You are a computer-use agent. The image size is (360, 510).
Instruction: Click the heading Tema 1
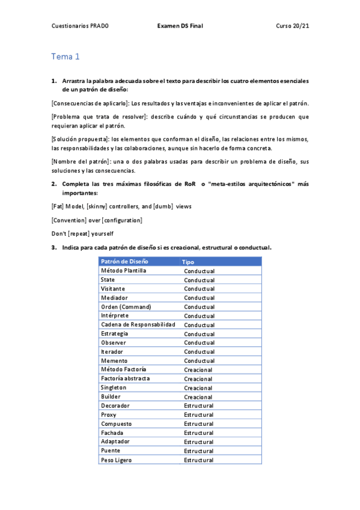click(x=66, y=57)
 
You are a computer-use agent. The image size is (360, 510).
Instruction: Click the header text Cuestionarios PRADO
click(x=80, y=26)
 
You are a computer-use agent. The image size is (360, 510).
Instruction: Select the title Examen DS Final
click(x=180, y=26)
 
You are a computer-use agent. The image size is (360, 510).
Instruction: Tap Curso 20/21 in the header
click(x=292, y=26)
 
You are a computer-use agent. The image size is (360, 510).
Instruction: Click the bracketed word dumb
click(x=163, y=206)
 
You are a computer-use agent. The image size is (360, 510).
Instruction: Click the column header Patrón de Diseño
click(x=124, y=262)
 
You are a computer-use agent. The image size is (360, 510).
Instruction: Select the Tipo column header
click(x=188, y=262)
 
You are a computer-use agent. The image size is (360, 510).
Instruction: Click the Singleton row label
click(x=114, y=388)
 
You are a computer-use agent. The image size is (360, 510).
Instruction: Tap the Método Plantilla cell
click(x=123, y=271)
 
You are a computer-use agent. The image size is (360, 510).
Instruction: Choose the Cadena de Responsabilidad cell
click(x=138, y=325)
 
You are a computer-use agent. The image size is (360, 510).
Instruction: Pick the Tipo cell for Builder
click(x=198, y=397)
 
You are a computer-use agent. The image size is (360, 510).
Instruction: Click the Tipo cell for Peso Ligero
click(x=198, y=460)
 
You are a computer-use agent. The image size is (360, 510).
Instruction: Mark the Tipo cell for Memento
click(x=199, y=361)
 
